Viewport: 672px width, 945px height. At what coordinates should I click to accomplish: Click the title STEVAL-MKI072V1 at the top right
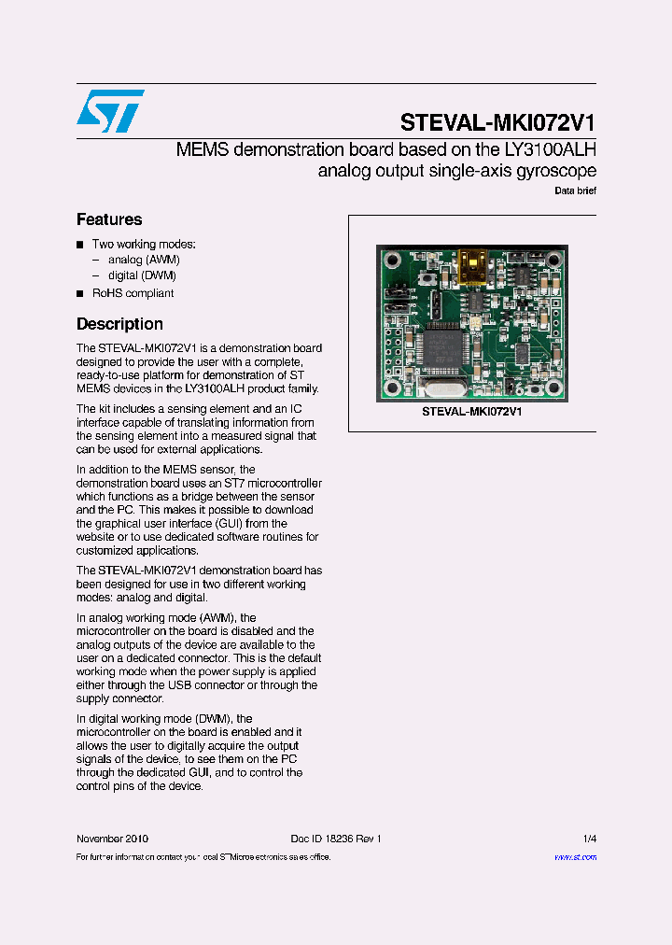tap(497, 123)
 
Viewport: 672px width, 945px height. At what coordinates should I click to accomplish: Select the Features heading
tap(109, 219)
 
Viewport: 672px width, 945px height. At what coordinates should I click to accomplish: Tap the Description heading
tap(119, 324)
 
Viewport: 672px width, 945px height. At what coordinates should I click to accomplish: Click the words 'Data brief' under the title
tap(575, 190)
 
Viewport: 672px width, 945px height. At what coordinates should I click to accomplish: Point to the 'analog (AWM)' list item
tap(144, 260)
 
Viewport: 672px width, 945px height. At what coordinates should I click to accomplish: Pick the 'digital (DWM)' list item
tap(142, 275)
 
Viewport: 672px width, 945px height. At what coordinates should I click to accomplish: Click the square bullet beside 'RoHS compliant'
tap(80, 293)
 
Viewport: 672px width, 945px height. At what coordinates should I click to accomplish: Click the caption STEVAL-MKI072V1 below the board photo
tap(471, 411)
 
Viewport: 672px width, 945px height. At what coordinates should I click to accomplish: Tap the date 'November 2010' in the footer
tap(112, 839)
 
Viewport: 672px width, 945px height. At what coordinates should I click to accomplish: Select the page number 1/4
tap(589, 839)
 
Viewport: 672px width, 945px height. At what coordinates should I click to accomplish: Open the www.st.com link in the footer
tap(575, 856)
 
